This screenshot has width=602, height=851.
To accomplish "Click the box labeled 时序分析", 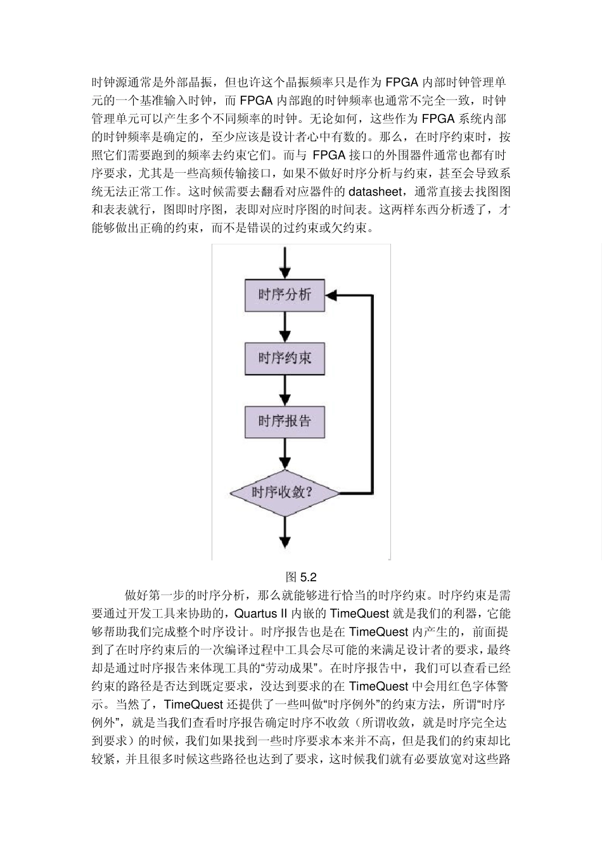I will (285, 296).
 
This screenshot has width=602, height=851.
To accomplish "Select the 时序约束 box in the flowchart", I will (285, 358).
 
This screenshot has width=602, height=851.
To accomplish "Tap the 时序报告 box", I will (285, 421).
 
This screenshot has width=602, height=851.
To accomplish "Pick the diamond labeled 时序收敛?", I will (285, 492).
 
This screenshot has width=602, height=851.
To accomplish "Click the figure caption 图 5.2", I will (301, 577).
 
